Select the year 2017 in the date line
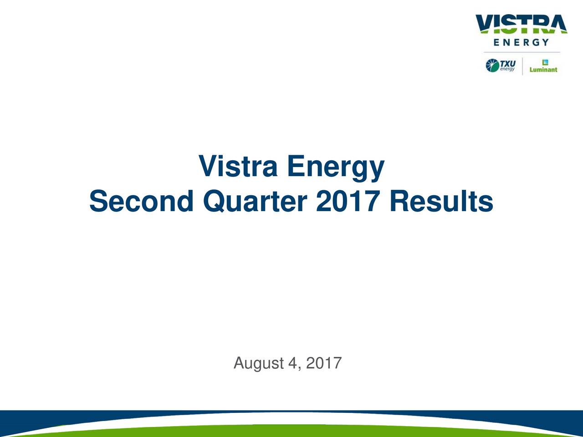pos(324,363)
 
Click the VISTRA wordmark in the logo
pos(522,24)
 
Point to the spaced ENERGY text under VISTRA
pos(522,43)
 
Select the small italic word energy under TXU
pos(507,69)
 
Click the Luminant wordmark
pos(543,70)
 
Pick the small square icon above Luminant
pos(543,62)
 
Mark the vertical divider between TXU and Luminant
pos(522,66)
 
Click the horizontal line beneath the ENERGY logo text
pos(522,52)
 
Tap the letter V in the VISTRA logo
pos(486,24)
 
